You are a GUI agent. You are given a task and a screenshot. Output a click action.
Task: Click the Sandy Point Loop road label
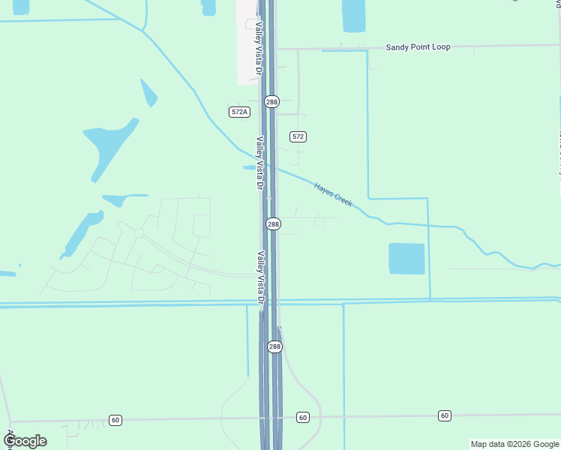418,47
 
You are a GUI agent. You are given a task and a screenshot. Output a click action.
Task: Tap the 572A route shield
239,112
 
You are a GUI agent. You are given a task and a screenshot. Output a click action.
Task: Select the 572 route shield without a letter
298,136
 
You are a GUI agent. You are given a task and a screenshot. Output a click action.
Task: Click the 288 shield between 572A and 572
271,101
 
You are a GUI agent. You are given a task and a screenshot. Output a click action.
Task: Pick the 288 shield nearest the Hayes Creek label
273,224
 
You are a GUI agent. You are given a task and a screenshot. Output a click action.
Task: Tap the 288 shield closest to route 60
274,346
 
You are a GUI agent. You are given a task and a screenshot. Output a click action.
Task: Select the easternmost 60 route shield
445,415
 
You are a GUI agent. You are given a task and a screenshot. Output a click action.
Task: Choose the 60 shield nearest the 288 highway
302,417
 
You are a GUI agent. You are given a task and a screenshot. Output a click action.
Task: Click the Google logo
25,441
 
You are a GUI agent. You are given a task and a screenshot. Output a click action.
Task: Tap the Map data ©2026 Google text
514,444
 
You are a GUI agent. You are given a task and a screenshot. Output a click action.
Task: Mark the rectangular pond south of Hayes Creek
406,259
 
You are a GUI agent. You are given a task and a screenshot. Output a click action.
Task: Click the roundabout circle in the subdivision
139,233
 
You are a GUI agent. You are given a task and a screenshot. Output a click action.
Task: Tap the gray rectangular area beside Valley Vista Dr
247,41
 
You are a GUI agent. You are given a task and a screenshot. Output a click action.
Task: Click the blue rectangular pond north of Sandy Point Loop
353,15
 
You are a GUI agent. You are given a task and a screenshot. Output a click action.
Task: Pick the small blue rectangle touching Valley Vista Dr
249,167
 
